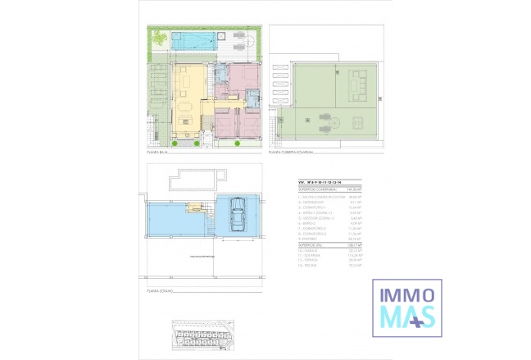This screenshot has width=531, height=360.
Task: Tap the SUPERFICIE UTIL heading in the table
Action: coord(311,244)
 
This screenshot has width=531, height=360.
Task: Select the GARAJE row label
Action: coord(311,250)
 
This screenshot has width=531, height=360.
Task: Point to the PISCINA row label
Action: coord(311,266)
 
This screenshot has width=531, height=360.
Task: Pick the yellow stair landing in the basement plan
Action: coord(196,208)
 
